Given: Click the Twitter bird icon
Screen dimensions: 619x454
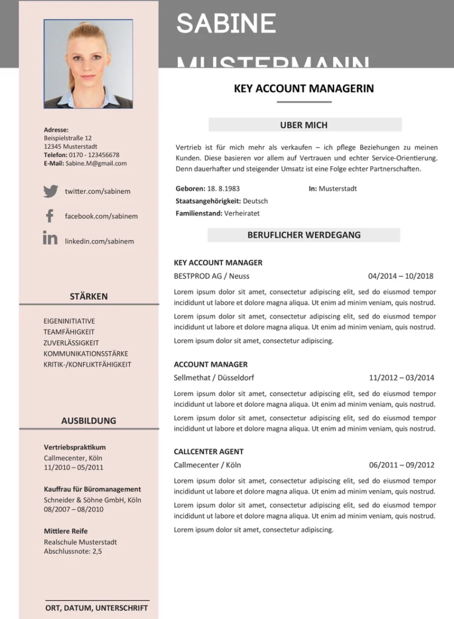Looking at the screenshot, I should click(x=51, y=191).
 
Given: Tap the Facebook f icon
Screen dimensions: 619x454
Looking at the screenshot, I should click(x=50, y=216).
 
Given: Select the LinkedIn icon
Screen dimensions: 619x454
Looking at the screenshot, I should click(x=50, y=238).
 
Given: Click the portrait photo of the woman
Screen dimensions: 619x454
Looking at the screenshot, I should click(x=88, y=64).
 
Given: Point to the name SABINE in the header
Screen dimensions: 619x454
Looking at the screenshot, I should click(x=226, y=24).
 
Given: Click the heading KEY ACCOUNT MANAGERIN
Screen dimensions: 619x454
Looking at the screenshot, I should click(x=303, y=88).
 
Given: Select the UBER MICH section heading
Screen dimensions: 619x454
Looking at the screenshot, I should click(x=303, y=125).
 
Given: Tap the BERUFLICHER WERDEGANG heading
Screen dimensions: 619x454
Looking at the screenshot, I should click(x=303, y=235).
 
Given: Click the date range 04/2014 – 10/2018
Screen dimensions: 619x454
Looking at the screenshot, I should click(x=400, y=276).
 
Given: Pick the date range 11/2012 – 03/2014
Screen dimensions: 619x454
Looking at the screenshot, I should click(x=401, y=377).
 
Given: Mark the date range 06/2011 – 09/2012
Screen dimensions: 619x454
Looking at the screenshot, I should click(x=401, y=465).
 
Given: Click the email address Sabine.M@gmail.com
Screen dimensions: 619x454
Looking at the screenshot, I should click(x=96, y=163).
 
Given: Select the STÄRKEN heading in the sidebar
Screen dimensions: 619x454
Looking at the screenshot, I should click(x=88, y=296).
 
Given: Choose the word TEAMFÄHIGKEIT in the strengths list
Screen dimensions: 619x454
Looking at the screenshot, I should click(x=69, y=332).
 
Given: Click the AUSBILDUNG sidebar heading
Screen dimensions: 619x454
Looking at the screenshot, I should click(x=88, y=421).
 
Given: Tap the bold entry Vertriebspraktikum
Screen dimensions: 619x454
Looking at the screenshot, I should click(x=74, y=447).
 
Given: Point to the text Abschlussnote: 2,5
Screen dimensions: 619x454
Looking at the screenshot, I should click(x=73, y=551).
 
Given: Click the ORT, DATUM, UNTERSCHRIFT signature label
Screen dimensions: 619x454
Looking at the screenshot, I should click(x=97, y=608).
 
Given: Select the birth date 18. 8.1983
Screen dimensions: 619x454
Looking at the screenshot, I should click(x=223, y=189).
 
